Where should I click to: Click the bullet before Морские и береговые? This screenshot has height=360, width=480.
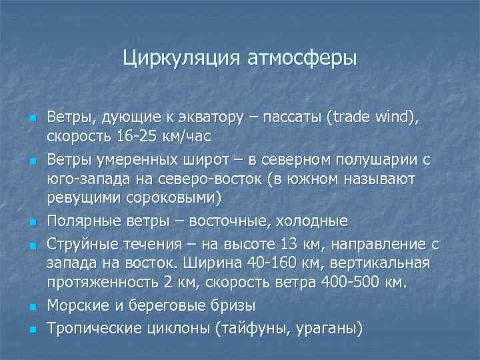click(x=31, y=307)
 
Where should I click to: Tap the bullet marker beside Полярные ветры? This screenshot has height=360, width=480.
click(x=31, y=222)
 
